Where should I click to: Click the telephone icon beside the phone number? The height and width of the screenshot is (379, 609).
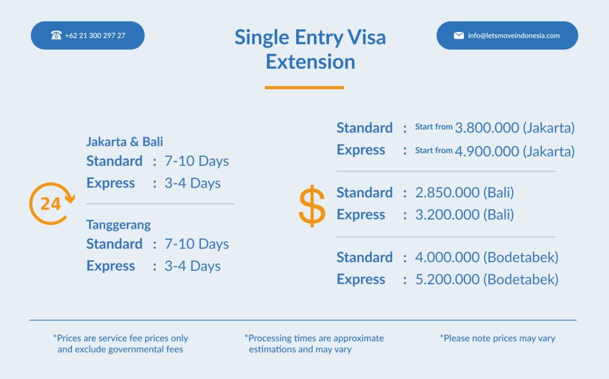56,35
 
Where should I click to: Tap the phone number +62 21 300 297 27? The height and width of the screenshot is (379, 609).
95,36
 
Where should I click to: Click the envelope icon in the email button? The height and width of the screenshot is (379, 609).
459,36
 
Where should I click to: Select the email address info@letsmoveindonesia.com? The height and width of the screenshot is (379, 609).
514,36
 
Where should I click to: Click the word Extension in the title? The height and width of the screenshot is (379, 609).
310,62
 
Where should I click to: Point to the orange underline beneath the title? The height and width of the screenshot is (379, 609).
304,88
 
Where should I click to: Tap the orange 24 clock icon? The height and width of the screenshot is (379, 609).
52,204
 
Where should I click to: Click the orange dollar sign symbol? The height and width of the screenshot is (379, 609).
312,206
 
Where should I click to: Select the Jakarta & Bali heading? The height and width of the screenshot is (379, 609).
125,141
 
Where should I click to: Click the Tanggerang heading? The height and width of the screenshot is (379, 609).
118,225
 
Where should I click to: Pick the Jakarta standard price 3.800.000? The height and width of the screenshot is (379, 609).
486,128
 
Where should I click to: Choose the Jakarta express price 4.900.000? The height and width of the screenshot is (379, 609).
486,151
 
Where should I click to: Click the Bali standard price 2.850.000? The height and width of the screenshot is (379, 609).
447,192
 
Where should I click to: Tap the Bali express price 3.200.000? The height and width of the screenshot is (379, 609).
447,214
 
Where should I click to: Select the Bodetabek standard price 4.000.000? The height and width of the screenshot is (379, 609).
447,257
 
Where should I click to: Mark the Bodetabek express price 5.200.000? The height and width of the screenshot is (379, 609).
447,279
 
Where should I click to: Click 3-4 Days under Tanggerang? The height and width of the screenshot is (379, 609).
193,266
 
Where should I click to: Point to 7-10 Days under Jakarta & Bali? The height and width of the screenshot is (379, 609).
197,161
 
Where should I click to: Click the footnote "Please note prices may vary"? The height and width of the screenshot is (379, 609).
498,338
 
